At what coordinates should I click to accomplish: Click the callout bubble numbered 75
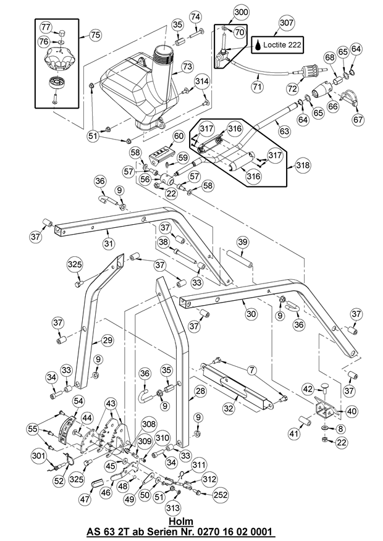coord(95,35)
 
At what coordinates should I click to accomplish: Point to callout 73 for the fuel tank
coord(187,66)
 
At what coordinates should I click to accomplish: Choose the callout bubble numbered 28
coord(200,392)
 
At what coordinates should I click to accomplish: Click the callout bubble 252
coord(221,495)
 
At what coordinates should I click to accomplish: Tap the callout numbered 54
coord(78,401)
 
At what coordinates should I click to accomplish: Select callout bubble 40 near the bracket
coord(351,410)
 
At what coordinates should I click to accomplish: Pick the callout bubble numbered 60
coord(179,136)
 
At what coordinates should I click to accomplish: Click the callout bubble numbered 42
coord(308,388)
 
